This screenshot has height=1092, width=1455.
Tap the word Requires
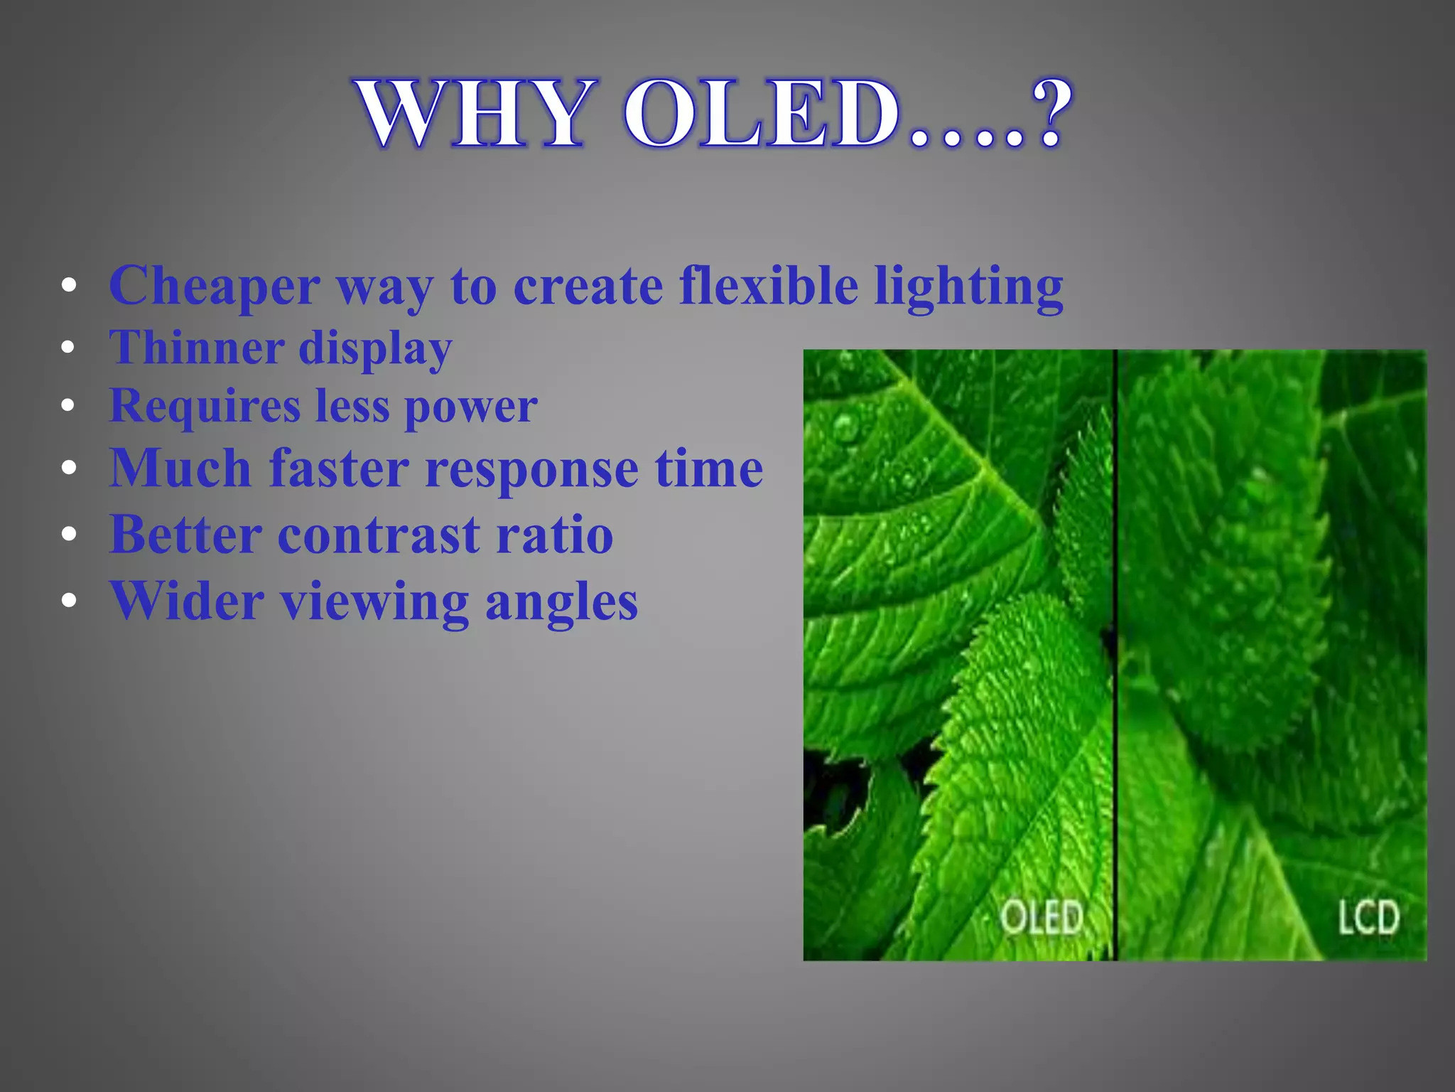point(205,407)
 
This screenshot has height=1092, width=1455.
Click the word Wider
point(187,601)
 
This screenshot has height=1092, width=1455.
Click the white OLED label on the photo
point(1042,917)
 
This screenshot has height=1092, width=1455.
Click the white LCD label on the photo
point(1368,917)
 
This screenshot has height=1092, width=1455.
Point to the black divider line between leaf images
point(1115,654)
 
